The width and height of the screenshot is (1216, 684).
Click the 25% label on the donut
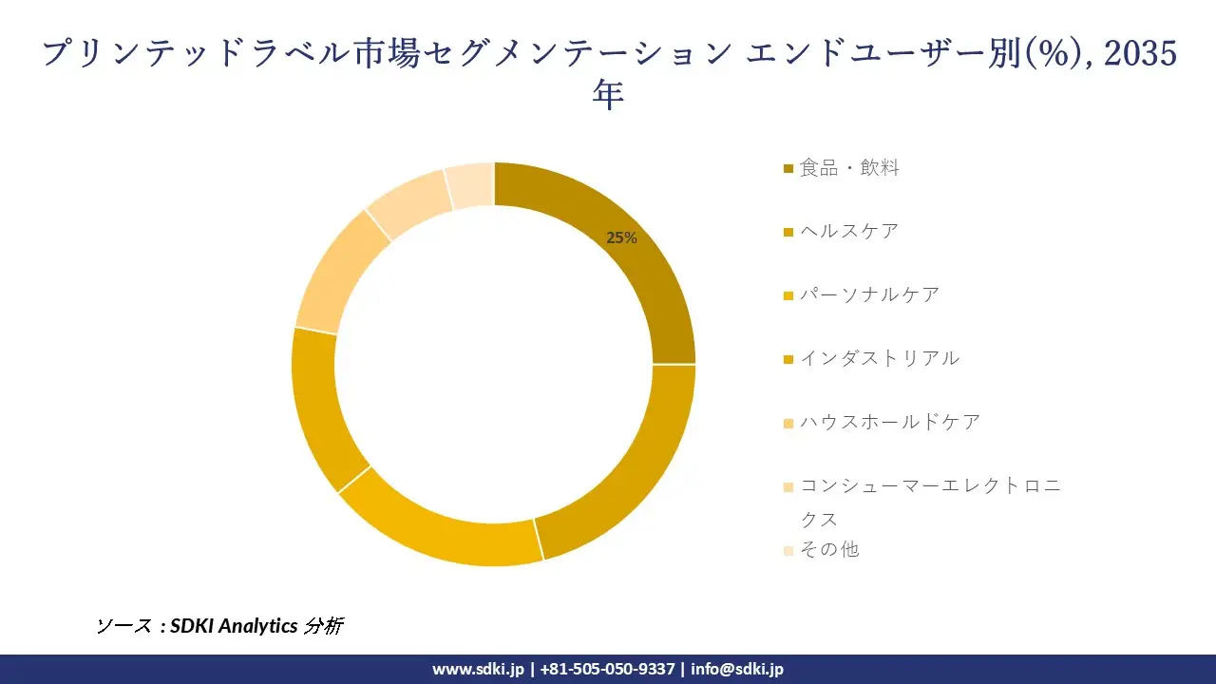coord(621,238)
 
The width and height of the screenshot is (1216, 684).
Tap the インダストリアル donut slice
coord(323,408)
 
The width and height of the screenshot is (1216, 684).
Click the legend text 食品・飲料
coord(848,168)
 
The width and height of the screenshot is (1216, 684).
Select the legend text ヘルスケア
coord(848,231)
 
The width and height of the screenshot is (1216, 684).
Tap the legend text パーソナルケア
coord(869,294)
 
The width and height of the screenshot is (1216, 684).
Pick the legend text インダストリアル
coord(880,358)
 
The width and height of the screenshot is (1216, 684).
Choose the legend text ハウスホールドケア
coord(890,422)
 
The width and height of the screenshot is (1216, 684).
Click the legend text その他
coord(829,549)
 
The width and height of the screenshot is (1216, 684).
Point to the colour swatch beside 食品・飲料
coord(788,169)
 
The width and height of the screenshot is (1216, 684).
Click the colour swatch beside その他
coord(788,550)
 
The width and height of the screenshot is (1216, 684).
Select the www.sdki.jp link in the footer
coord(478,669)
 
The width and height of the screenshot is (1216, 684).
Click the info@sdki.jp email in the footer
coord(737,669)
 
